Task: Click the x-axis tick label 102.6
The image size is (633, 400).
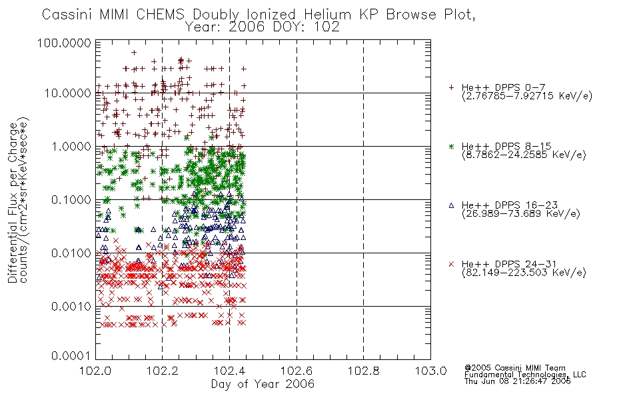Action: tap(297, 371)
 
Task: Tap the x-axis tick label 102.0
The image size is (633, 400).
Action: tap(95, 371)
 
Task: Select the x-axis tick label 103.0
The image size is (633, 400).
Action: tap(430, 371)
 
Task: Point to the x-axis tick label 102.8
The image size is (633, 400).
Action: tap(363, 371)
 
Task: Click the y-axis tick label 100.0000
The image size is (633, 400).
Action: tap(64, 43)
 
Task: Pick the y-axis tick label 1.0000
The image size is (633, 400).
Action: tap(71, 146)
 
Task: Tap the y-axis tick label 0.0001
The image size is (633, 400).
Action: tap(71, 356)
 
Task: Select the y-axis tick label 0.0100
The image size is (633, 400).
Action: tap(71, 253)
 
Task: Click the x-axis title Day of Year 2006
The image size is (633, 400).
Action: tap(263, 384)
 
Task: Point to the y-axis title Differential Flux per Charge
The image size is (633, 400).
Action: tap(13, 203)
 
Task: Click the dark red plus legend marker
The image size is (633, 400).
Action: tap(451, 87)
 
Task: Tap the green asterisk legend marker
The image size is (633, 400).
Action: tap(451, 146)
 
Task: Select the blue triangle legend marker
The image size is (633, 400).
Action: tap(451, 205)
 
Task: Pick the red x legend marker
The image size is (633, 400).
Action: tap(451, 264)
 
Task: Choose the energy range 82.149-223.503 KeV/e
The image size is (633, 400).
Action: tap(524, 273)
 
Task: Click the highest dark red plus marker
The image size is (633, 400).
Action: tap(134, 53)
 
